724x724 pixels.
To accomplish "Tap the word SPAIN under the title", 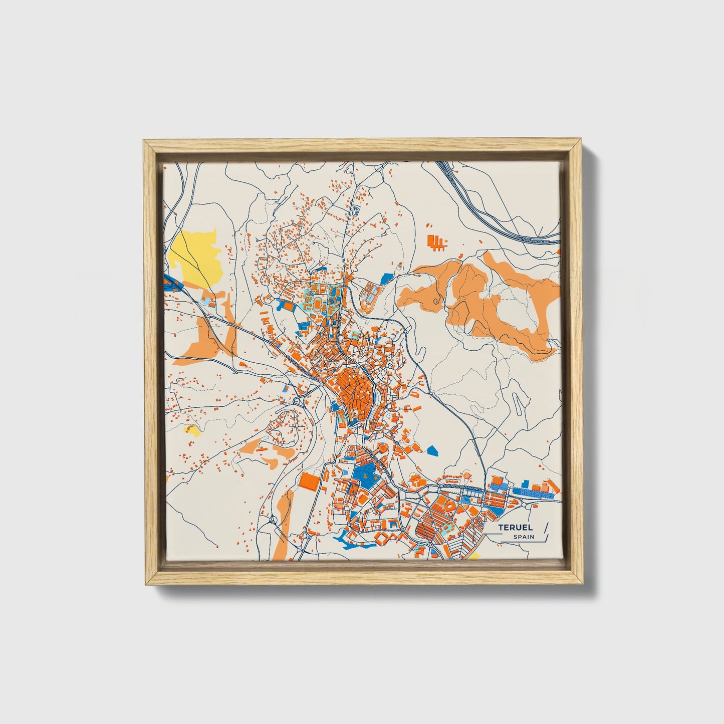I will [523, 537].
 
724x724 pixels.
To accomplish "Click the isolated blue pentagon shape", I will [433, 450].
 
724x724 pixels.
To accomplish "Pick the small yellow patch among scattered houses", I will [192, 429].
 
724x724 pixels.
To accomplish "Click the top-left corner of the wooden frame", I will [145, 141].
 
